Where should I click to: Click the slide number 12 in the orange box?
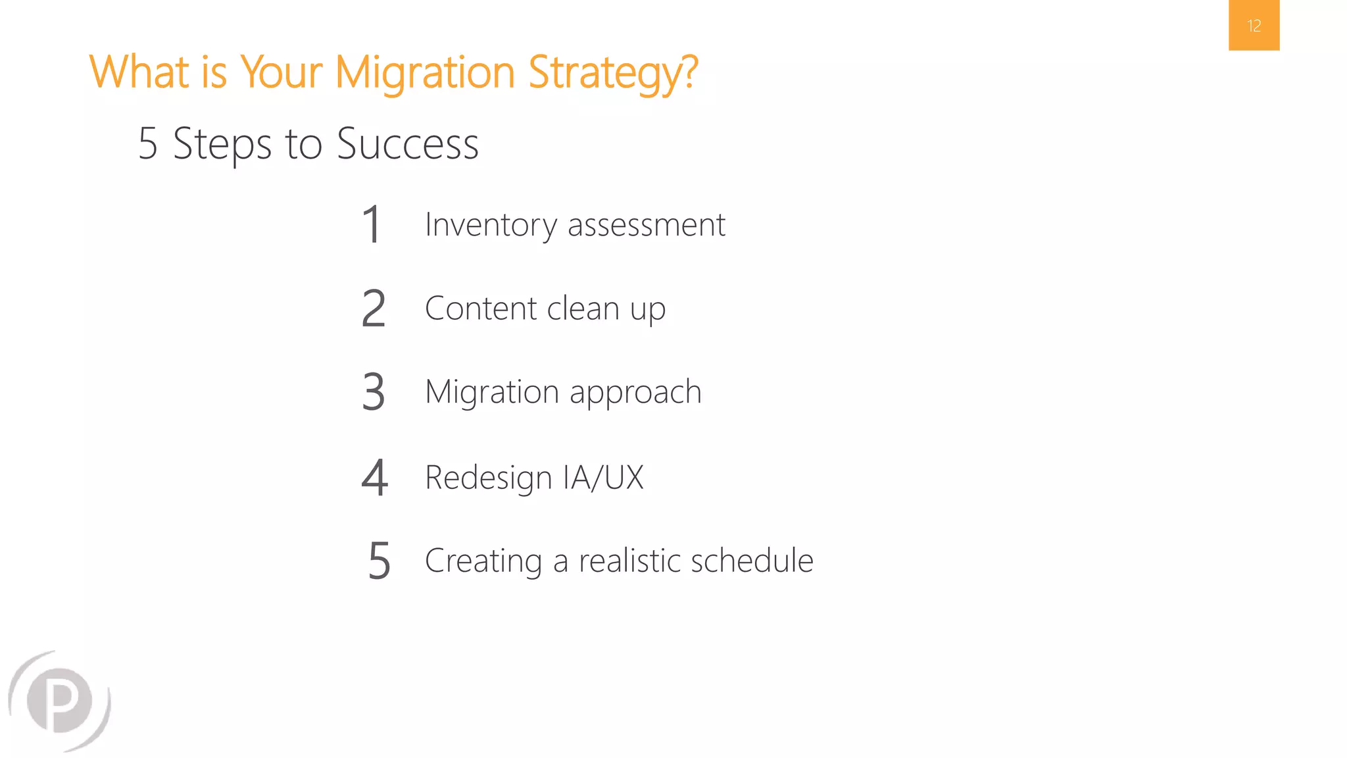1254,26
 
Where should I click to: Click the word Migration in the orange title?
424,72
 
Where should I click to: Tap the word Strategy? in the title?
612,72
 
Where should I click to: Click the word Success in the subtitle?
407,143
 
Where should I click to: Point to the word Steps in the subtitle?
222,143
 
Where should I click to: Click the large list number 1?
372,224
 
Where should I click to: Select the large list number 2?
374,308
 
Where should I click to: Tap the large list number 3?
374,392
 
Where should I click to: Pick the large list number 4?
374,477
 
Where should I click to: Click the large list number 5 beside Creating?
380,561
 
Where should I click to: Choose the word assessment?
646,225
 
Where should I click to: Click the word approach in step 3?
635,393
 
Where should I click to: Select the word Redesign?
488,478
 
